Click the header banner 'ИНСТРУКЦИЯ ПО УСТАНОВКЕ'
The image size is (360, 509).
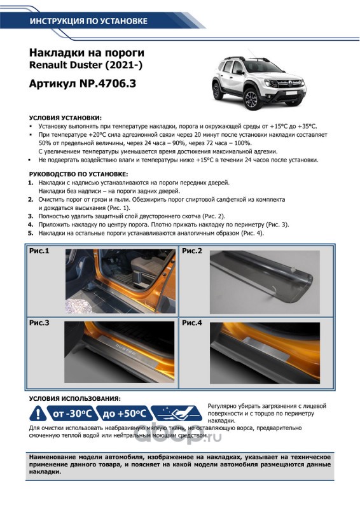(x=88, y=21)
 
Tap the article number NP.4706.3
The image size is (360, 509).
(x=107, y=84)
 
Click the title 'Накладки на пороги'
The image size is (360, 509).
(x=87, y=53)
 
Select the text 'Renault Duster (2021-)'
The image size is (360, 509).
(x=86, y=65)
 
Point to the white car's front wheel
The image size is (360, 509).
(x=252, y=99)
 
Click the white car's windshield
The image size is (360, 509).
(x=261, y=67)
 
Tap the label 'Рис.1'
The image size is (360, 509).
(x=39, y=251)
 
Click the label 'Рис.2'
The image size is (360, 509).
(x=192, y=251)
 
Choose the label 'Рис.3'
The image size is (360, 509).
(x=39, y=323)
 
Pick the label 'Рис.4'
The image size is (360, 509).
(x=192, y=323)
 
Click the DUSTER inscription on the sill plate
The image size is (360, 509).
(x=126, y=349)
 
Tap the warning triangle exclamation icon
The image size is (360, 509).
(x=38, y=414)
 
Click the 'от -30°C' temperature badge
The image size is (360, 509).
(x=71, y=414)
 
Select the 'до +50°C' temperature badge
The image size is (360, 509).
(x=123, y=414)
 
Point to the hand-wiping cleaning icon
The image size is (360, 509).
(x=177, y=414)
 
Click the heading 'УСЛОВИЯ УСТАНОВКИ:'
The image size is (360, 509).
(x=66, y=118)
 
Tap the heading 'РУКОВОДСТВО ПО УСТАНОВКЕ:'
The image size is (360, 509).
(x=79, y=174)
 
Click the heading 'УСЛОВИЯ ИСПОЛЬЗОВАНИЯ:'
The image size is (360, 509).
(x=74, y=398)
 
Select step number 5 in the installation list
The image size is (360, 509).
(x=31, y=233)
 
